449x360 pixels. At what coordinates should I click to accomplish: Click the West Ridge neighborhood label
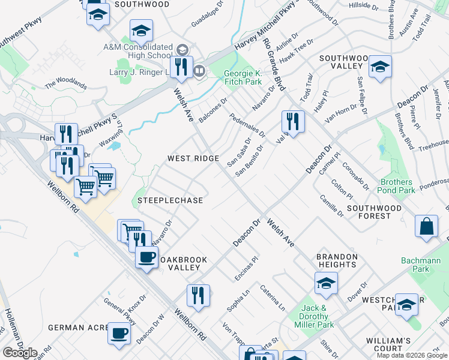(x=193, y=158)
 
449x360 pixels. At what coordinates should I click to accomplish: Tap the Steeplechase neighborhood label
(x=170, y=200)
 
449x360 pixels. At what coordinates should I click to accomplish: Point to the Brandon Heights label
(x=337, y=260)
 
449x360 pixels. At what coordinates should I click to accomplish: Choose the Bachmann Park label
(x=421, y=265)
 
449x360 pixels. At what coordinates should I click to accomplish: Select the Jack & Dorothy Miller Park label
(x=314, y=316)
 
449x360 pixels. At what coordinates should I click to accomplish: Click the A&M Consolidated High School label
(x=137, y=51)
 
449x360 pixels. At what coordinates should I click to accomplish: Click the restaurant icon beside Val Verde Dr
(x=293, y=122)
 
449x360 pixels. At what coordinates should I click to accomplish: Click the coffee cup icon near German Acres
(x=119, y=333)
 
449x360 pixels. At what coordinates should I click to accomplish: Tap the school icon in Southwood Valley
(x=380, y=67)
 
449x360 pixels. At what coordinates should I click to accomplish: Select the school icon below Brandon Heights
(x=326, y=283)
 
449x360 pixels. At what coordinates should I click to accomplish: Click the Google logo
(x=20, y=353)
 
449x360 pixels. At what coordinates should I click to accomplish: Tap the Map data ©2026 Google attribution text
(x=411, y=355)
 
